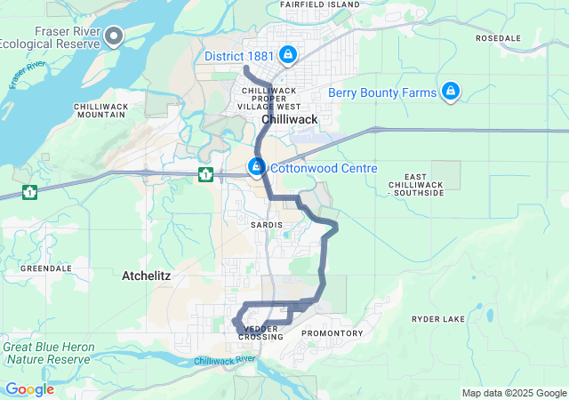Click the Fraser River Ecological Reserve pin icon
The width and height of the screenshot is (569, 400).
pyautogui.click(x=114, y=36)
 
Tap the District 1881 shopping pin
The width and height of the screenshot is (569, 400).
pyautogui.click(x=287, y=55)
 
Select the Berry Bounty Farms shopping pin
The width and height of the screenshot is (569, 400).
pyautogui.click(x=451, y=92)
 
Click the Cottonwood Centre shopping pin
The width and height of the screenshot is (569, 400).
pyautogui.click(x=257, y=166)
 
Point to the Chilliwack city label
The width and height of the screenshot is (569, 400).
pyautogui.click(x=290, y=118)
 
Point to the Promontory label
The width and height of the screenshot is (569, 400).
pyautogui.click(x=333, y=333)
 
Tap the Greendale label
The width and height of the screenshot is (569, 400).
pyautogui.click(x=45, y=268)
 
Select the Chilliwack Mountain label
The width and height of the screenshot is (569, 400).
pyautogui.click(x=100, y=110)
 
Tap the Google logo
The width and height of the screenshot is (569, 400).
pyautogui.click(x=29, y=389)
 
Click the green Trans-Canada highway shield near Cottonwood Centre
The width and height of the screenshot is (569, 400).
pyautogui.click(x=205, y=174)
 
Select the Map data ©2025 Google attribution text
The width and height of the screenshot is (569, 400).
pyautogui.click(x=513, y=394)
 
